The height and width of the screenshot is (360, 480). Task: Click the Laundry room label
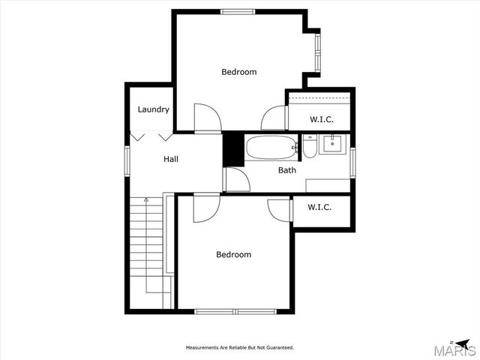[x=153, y=109]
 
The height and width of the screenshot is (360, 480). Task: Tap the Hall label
[x=171, y=159]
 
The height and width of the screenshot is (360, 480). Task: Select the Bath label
[x=287, y=170]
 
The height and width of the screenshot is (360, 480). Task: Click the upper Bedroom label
[x=238, y=72]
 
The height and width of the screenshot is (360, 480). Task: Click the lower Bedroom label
[x=233, y=254]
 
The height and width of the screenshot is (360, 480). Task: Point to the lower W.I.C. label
[x=319, y=207]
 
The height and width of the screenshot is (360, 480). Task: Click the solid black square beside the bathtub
[x=234, y=148]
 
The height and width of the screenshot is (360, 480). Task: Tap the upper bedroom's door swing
[x=205, y=118]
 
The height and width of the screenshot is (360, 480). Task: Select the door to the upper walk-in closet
[x=274, y=119]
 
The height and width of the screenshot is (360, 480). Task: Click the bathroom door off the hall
[x=237, y=179]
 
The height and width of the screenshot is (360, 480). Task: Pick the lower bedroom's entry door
[x=205, y=208]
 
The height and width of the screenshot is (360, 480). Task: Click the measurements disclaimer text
[x=240, y=347]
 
